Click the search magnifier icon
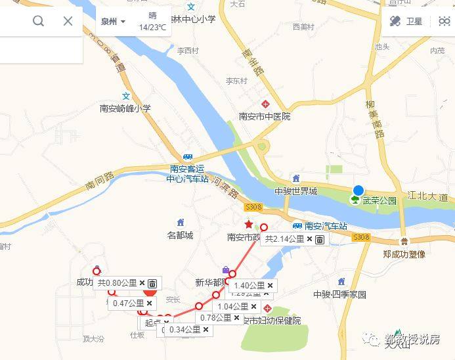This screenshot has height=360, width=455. [x=38, y=21]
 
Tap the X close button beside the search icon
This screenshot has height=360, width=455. [x=68, y=21]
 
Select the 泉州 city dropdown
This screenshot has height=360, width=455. [x=113, y=21]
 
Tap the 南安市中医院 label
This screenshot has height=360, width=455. [x=265, y=116]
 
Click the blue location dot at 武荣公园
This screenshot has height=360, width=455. [x=358, y=191]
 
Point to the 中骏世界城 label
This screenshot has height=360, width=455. [x=295, y=191]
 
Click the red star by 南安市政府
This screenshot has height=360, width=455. [x=249, y=225]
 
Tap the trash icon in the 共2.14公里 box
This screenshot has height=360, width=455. [x=319, y=240]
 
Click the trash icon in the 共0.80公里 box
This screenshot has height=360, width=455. [x=152, y=284]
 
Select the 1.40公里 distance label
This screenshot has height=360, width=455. [x=249, y=286]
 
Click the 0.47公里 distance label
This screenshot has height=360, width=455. [x=128, y=304]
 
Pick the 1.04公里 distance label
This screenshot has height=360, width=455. [x=232, y=307]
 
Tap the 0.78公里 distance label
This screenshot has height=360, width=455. [x=216, y=318]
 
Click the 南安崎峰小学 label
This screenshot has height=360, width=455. [x=125, y=109]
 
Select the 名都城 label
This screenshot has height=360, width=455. [x=180, y=235]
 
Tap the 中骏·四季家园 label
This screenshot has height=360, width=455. [x=339, y=294]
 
